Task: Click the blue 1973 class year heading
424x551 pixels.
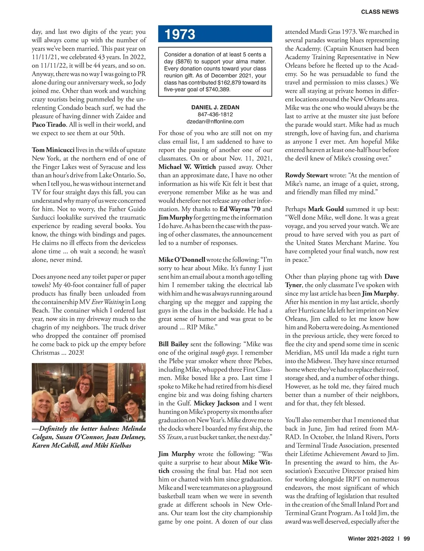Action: [180, 34]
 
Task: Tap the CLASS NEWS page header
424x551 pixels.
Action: [379, 12]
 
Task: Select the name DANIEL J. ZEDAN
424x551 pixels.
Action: [215, 108]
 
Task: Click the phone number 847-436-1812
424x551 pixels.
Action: [215, 115]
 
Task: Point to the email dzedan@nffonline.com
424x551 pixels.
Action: [215, 122]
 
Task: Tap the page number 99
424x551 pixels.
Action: [406, 539]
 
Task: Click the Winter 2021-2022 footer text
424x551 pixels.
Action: [371, 539]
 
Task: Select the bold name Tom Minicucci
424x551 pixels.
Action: [53, 150]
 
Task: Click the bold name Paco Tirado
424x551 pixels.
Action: [49, 124]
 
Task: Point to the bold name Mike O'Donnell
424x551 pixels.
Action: [182, 260]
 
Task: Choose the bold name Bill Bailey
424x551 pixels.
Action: [173, 344]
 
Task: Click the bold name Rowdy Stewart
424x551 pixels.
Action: [306, 175]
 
